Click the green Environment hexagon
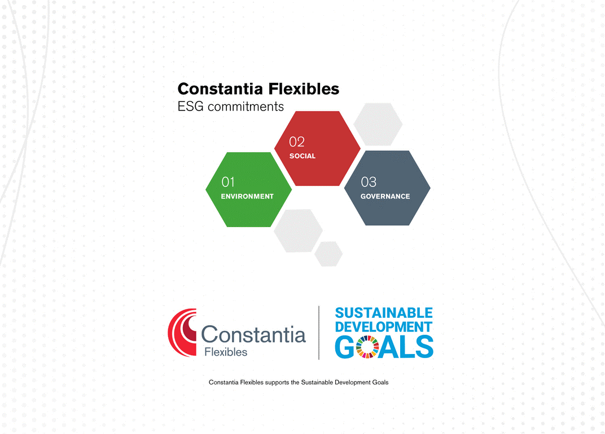coord(248,189)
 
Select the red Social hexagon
coord(317,148)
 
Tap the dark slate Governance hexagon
coord(387,188)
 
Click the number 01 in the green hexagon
coord(227,181)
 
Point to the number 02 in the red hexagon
coord(297,141)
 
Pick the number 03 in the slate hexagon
coord(369,181)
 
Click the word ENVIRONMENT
coord(247,196)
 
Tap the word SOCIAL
coord(302,156)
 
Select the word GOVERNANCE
coord(385,196)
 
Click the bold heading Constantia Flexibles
coord(258,89)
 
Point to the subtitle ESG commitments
coord(230,107)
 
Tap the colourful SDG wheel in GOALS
coord(367,347)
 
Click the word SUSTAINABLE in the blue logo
coord(384,313)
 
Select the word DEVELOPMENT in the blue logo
coord(383,327)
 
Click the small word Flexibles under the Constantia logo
coord(226,352)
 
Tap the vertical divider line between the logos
coord(319,333)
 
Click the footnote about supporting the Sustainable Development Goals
coord(299,382)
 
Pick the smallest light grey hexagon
coord(328,254)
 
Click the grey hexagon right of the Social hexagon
coord(378,124)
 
